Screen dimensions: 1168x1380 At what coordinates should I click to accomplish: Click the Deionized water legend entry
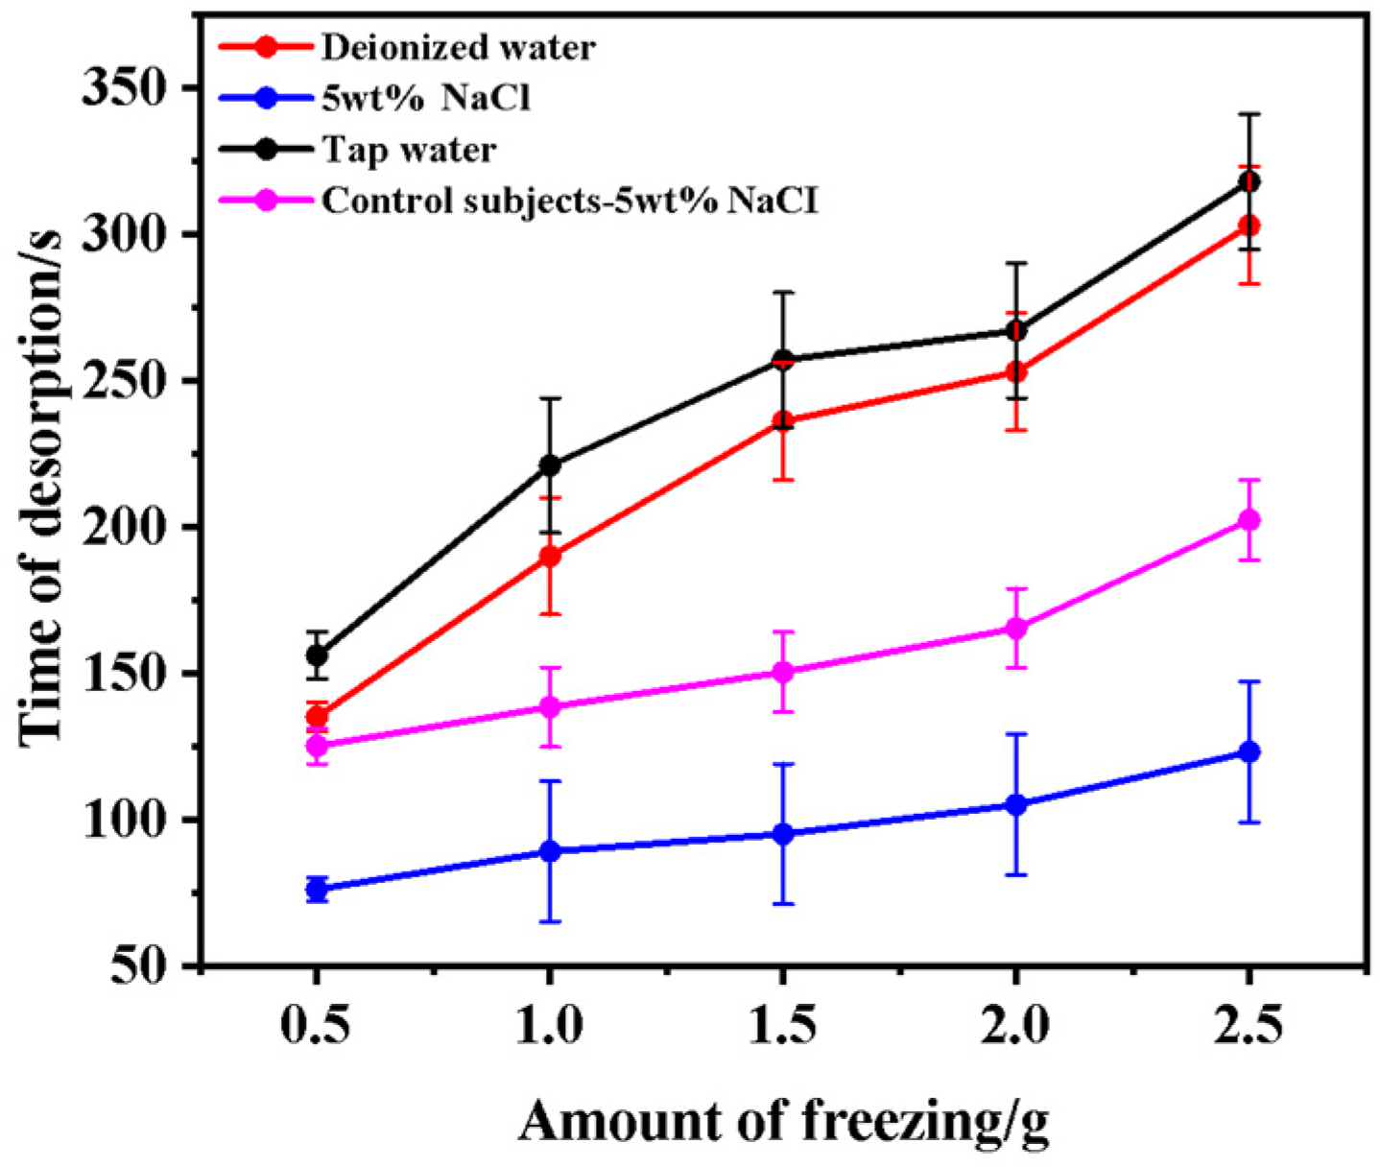(x=458, y=47)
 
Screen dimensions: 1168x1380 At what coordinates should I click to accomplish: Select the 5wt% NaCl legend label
(x=425, y=98)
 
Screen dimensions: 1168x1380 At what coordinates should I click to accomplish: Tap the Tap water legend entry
(x=409, y=150)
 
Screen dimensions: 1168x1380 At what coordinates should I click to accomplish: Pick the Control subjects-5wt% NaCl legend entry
(x=570, y=201)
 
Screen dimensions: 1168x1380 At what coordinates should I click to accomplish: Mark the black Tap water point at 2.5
(x=1249, y=181)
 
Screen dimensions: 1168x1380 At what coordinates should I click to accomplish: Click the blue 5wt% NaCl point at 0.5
(x=317, y=890)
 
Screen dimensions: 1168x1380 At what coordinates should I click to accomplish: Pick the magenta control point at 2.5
(x=1249, y=520)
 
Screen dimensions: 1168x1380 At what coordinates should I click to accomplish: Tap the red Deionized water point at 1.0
(x=549, y=556)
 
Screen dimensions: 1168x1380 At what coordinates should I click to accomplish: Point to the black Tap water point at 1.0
(x=549, y=465)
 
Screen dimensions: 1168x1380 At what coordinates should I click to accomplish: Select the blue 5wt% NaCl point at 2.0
(x=1015, y=804)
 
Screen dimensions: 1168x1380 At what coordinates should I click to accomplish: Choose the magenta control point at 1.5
(x=782, y=672)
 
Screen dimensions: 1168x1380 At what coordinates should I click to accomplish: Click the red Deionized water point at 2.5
(x=1249, y=226)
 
